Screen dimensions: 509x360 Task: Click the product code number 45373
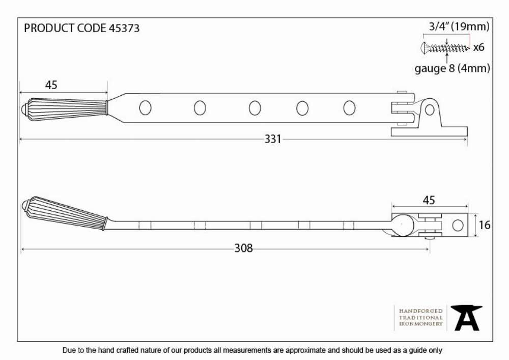coord(124,28)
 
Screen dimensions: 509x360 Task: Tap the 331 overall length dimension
coord(273,139)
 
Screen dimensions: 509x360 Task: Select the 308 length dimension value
coord(243,248)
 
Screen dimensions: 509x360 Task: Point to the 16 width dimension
coord(485,225)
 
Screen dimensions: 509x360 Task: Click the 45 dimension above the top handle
coord(51,85)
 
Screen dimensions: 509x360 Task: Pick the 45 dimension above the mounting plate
coord(429,200)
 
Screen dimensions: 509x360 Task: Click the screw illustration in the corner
coord(445,48)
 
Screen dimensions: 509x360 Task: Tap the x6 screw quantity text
coord(478,47)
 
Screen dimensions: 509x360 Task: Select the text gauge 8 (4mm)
coord(452,69)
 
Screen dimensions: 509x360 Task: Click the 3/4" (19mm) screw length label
coord(459,26)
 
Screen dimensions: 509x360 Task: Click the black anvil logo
coord(466,318)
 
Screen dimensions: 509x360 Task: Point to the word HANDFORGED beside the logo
coord(421,311)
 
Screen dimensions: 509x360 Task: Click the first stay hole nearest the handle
coord(145,108)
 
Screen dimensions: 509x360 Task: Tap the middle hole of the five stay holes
coord(255,108)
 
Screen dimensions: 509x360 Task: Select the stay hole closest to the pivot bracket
coord(349,108)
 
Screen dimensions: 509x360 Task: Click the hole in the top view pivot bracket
coord(430,110)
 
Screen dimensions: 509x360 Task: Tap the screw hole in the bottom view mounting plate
coord(458,225)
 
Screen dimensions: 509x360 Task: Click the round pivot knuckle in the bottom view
coord(402,225)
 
